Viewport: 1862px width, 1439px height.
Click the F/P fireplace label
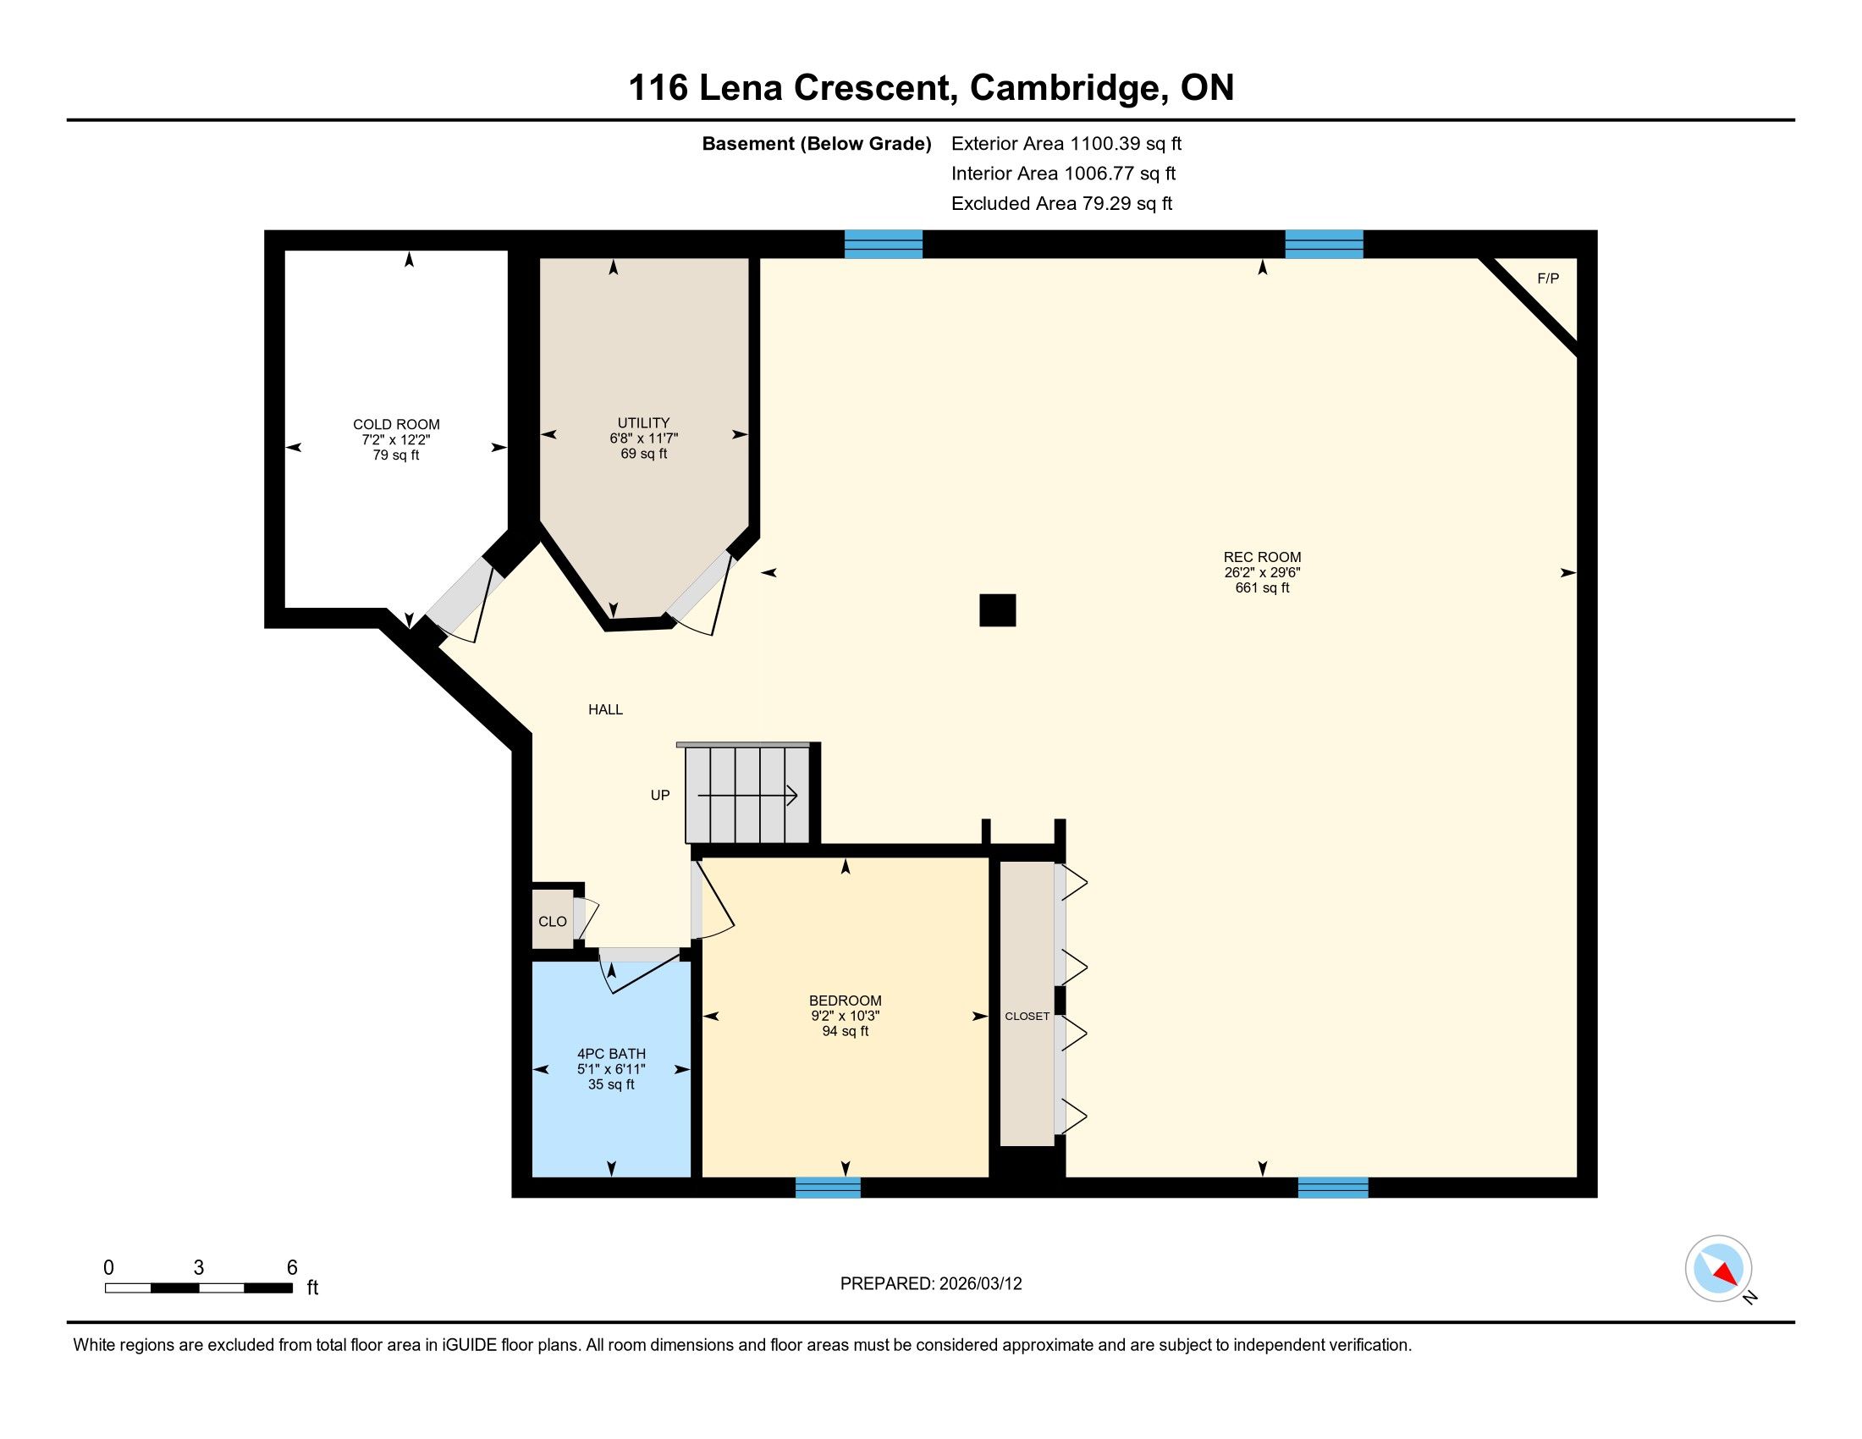tap(1547, 278)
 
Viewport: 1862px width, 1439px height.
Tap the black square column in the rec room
tap(998, 610)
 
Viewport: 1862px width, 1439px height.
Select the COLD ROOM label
tap(396, 425)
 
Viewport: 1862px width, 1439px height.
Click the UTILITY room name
tap(644, 423)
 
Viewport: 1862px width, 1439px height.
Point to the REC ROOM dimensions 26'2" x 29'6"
tap(1262, 573)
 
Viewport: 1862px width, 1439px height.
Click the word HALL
tap(605, 709)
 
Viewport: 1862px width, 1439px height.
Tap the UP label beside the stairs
tap(660, 796)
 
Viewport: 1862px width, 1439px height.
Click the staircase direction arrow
tap(747, 796)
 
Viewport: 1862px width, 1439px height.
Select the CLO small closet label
tap(553, 922)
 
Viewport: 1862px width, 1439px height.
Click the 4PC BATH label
tap(611, 1054)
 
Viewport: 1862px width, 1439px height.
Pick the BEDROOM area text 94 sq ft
tap(845, 1032)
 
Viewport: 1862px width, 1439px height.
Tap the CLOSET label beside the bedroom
tap(1027, 1016)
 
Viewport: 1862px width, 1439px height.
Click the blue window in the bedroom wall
tap(828, 1188)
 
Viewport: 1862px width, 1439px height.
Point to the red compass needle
tap(1727, 1274)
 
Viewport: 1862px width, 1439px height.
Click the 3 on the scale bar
tap(199, 1268)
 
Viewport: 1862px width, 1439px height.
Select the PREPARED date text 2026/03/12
tap(979, 1284)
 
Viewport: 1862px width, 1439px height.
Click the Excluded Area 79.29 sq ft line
tap(1061, 204)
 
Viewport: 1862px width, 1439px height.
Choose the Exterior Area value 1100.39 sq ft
tap(1127, 144)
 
